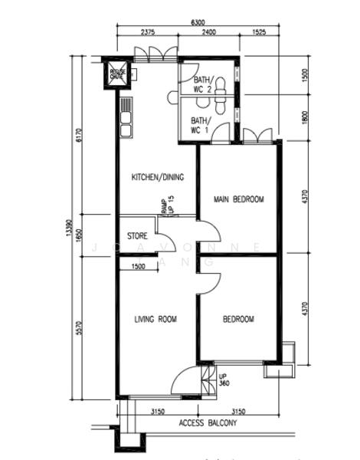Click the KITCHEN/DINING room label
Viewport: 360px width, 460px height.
(x=158, y=177)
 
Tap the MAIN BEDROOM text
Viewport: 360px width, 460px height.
(x=238, y=199)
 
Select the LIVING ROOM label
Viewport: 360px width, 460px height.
(x=156, y=319)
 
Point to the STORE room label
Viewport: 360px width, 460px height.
(x=137, y=236)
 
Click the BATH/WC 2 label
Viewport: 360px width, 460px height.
(x=202, y=84)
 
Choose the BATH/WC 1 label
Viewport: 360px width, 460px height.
(x=200, y=125)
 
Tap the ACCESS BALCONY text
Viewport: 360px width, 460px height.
(x=208, y=423)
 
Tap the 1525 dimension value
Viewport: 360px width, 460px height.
(x=258, y=33)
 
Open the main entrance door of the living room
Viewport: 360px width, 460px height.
(x=184, y=381)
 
